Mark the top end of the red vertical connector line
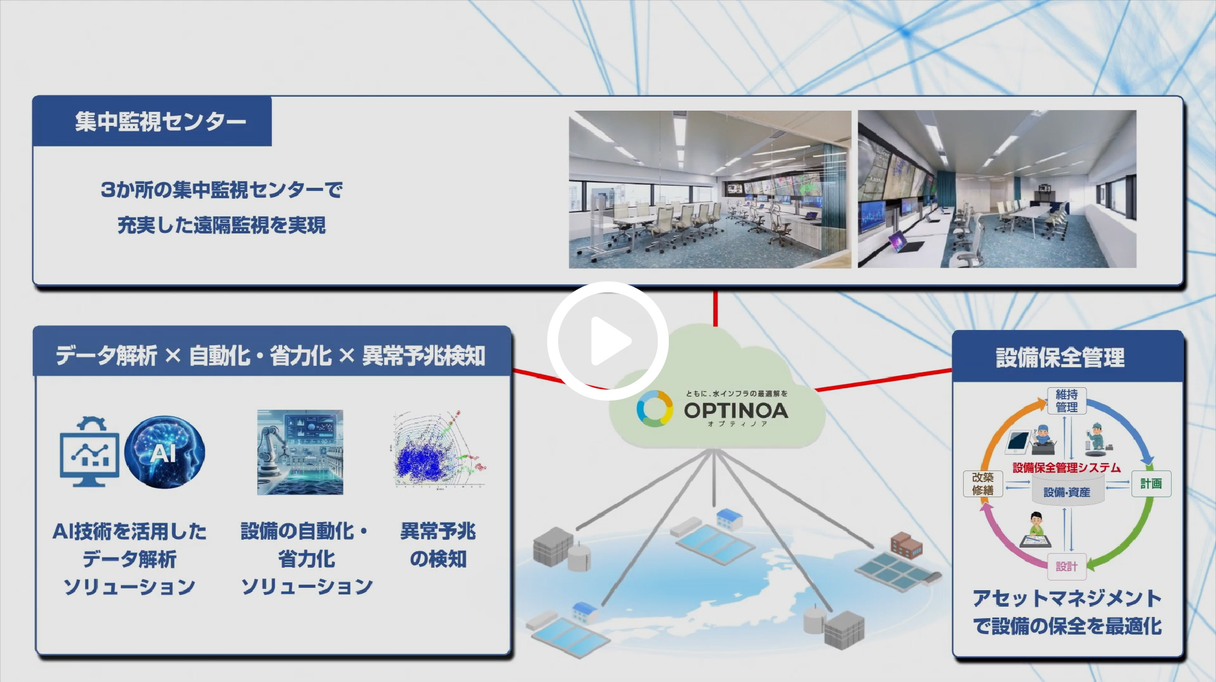pos(715,292)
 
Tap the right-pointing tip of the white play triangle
pos(632,342)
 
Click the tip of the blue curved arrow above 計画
pos(1148,464)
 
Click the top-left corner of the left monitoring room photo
pos(569,111)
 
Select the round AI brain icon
pos(165,452)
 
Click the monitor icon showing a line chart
pos(89,452)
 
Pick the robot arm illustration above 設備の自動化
pos(300,452)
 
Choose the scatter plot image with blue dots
pos(439,450)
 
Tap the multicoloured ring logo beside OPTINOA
pos(655,408)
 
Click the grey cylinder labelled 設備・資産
pos(1066,490)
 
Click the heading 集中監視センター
pos(161,122)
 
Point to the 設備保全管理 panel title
pos(1060,357)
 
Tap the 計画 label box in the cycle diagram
pos(1151,484)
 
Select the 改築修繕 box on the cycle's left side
pos(983,484)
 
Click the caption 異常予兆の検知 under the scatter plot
pos(438,545)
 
